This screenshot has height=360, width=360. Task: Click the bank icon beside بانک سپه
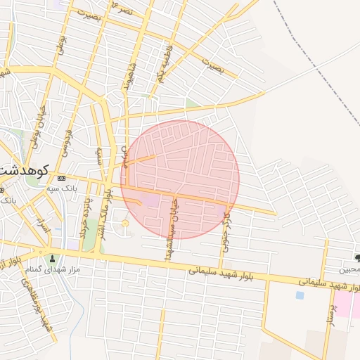click(x=61, y=178)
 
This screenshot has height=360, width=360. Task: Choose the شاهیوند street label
click(x=127, y=78)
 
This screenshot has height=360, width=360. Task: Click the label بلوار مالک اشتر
click(x=104, y=212)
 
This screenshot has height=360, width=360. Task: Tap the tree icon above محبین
click(x=358, y=258)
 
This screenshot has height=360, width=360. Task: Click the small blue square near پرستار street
click(x=300, y=295)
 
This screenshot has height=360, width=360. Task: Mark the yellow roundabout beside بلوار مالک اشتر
click(x=125, y=224)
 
